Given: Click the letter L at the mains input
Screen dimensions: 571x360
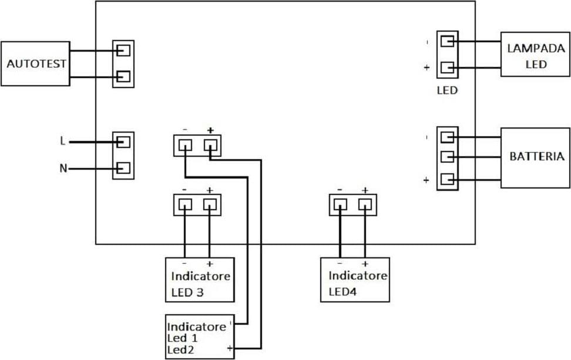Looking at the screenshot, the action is [63, 141].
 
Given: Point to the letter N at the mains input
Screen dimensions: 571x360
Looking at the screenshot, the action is [63, 168].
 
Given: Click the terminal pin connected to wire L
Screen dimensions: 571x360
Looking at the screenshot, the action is [123, 142].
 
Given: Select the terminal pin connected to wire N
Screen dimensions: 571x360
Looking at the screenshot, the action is [123, 168].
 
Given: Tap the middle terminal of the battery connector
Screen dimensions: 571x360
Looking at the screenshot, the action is [447, 157].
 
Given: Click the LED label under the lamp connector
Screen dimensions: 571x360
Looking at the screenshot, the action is [447, 90].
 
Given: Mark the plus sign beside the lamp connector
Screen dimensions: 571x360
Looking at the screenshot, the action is [427, 68].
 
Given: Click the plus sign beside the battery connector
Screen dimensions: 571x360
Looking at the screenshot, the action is [426, 180].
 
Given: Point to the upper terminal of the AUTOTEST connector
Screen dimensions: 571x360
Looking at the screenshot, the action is [123, 51].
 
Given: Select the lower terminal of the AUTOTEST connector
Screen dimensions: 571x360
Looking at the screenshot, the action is [123, 76].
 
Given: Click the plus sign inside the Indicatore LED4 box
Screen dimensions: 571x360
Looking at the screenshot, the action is [365, 264].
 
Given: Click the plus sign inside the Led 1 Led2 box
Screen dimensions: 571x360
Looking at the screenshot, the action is [230, 348].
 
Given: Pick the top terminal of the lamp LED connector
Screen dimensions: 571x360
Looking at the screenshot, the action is [447, 41].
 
